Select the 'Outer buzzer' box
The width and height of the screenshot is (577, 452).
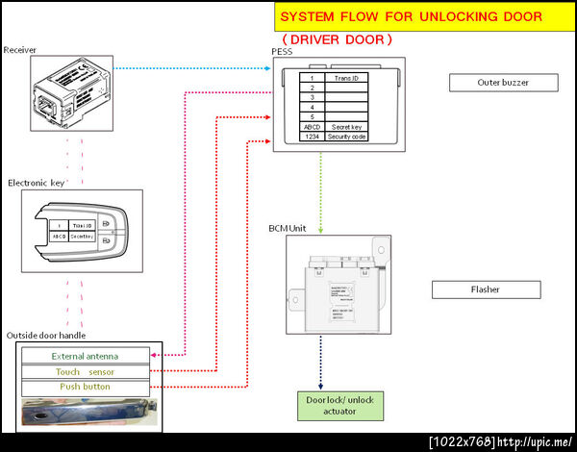tap(503, 83)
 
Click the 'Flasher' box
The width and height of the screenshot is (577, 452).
tap(486, 289)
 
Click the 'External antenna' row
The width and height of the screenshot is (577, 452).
tap(87, 356)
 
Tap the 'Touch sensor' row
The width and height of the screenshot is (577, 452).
tap(87, 371)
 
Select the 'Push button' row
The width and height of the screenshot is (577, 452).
tap(87, 387)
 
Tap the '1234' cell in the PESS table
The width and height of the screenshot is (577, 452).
tap(312, 138)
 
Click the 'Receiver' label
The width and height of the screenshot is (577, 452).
tap(20, 49)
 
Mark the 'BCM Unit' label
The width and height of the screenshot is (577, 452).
tap(288, 228)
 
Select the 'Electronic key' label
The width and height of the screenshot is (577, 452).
tap(38, 182)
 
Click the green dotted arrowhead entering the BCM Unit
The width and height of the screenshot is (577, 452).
tap(319, 232)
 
